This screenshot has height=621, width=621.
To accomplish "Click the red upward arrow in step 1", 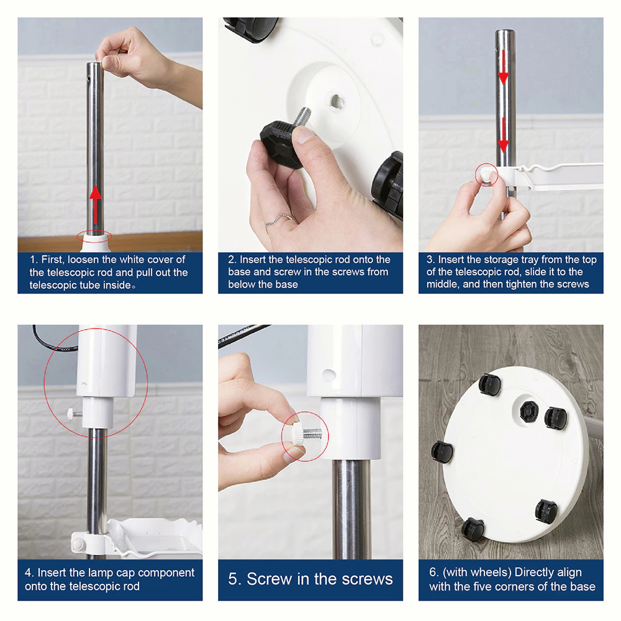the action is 94,205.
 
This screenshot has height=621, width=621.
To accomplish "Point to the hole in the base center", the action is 337,101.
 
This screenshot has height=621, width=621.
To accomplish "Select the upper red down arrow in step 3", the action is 503,67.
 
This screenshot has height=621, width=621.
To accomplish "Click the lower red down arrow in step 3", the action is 503,135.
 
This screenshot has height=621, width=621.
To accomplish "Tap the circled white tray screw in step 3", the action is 487,175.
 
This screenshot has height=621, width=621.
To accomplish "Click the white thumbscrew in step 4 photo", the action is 74,414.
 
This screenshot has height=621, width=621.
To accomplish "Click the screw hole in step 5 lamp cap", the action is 329,374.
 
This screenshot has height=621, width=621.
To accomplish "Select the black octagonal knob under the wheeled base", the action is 528,412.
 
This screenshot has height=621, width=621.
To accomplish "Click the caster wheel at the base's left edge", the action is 442,451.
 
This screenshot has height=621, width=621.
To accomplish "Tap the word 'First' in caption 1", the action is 52,260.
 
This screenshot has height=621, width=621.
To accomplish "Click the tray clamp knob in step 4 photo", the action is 78,545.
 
